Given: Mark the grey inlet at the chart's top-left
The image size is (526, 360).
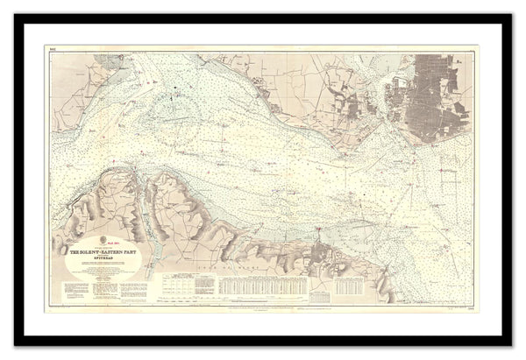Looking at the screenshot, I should [x=123, y=66].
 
